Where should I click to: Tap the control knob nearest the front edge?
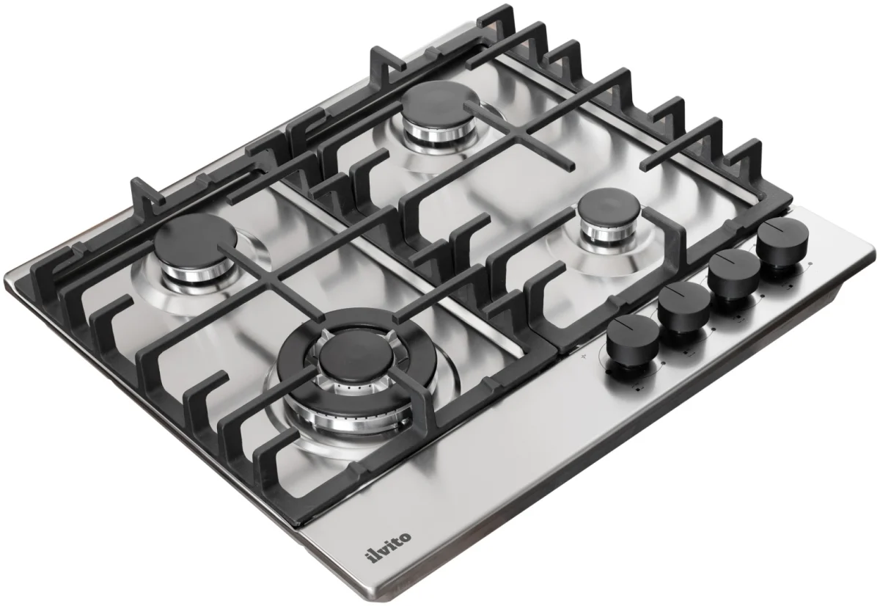click(x=632, y=341)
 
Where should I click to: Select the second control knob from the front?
click(x=684, y=307)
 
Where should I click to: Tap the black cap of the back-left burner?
click(x=196, y=240)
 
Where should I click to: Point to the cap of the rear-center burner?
click(x=441, y=102)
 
